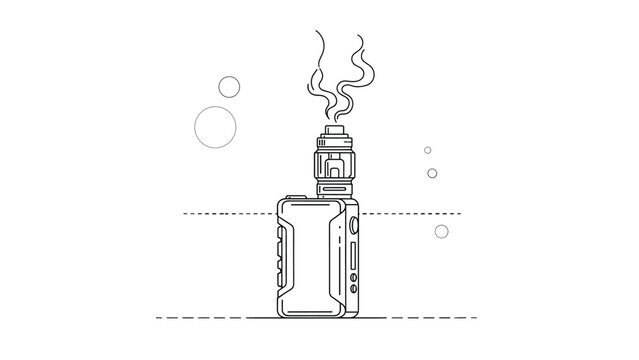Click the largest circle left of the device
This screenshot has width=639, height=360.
point(213,126)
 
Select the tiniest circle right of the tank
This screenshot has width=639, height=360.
point(427,150)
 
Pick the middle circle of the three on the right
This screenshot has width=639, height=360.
point(432,173)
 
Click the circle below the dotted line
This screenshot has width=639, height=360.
point(441,232)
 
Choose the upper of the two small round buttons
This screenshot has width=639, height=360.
point(353,226)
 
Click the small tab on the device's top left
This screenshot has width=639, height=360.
point(293,197)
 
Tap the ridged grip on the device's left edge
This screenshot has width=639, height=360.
point(277,256)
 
